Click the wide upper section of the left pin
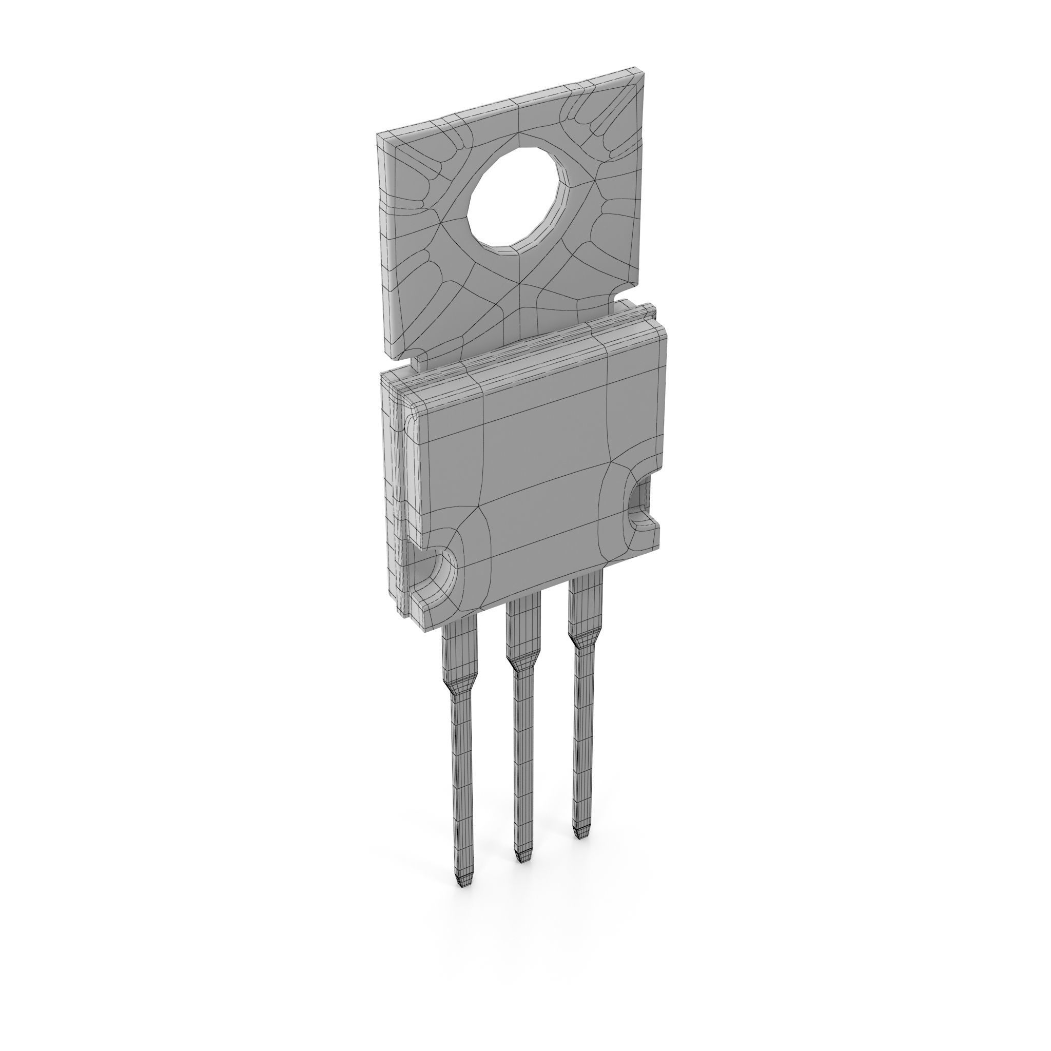point(460,647)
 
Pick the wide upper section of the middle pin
point(522,626)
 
